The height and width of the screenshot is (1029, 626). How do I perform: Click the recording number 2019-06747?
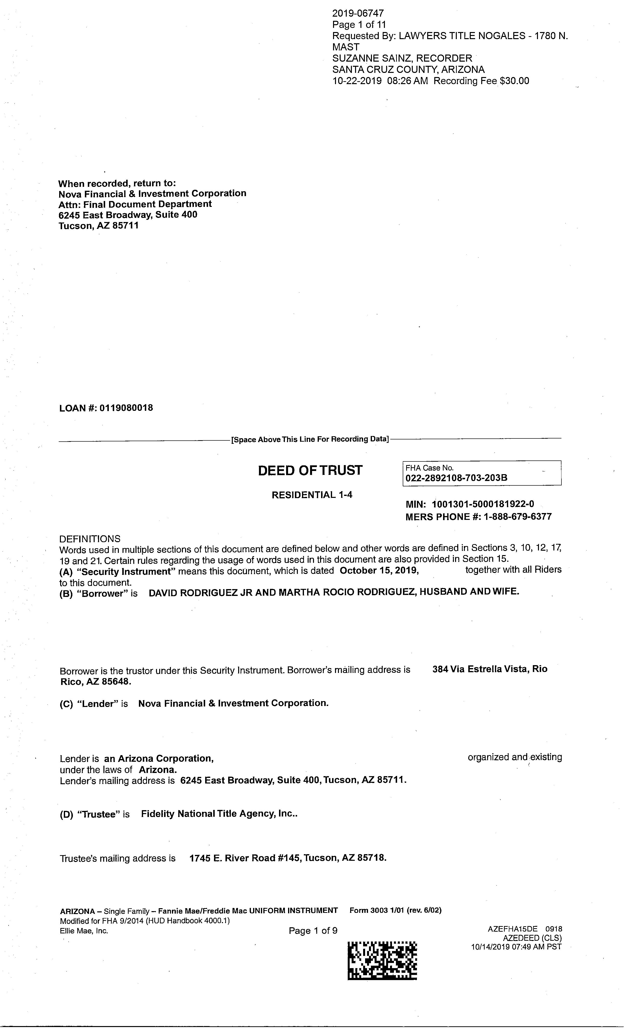click(358, 13)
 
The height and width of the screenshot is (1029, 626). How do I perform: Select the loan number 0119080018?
click(126, 408)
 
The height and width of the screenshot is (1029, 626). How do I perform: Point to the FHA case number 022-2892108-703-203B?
click(457, 478)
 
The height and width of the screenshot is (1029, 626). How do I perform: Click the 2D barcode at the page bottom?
click(382, 961)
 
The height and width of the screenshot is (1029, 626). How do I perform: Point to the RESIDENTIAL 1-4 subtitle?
click(312, 495)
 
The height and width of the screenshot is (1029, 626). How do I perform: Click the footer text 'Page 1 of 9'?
click(313, 931)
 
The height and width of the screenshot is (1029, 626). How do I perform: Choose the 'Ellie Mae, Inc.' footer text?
click(84, 931)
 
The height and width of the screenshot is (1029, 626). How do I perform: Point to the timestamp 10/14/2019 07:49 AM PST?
click(516, 947)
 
